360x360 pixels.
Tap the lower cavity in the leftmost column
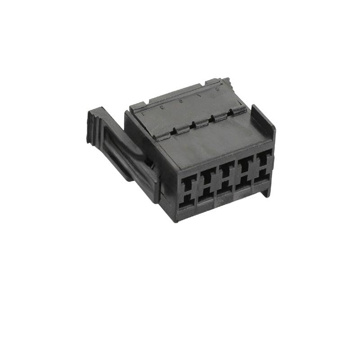tap(186, 202)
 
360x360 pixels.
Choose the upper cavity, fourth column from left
tap(245, 166)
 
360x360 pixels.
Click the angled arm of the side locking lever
tap(135, 155)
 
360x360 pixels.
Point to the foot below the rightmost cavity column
tap(266, 191)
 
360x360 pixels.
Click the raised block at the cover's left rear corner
tap(137, 107)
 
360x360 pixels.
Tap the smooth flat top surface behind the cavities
tap(211, 144)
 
